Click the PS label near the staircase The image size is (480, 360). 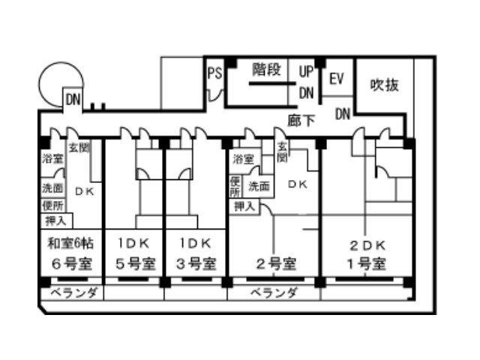214,73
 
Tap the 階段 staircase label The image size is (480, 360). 266,70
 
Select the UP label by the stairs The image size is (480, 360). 305,71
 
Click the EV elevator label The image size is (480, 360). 336,78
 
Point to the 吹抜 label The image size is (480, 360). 384,85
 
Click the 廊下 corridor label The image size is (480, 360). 300,118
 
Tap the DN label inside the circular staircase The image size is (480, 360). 73,99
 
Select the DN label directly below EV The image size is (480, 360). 342,114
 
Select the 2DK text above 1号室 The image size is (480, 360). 367,245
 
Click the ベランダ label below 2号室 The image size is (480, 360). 274,292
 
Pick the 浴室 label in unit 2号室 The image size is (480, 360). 243,159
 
